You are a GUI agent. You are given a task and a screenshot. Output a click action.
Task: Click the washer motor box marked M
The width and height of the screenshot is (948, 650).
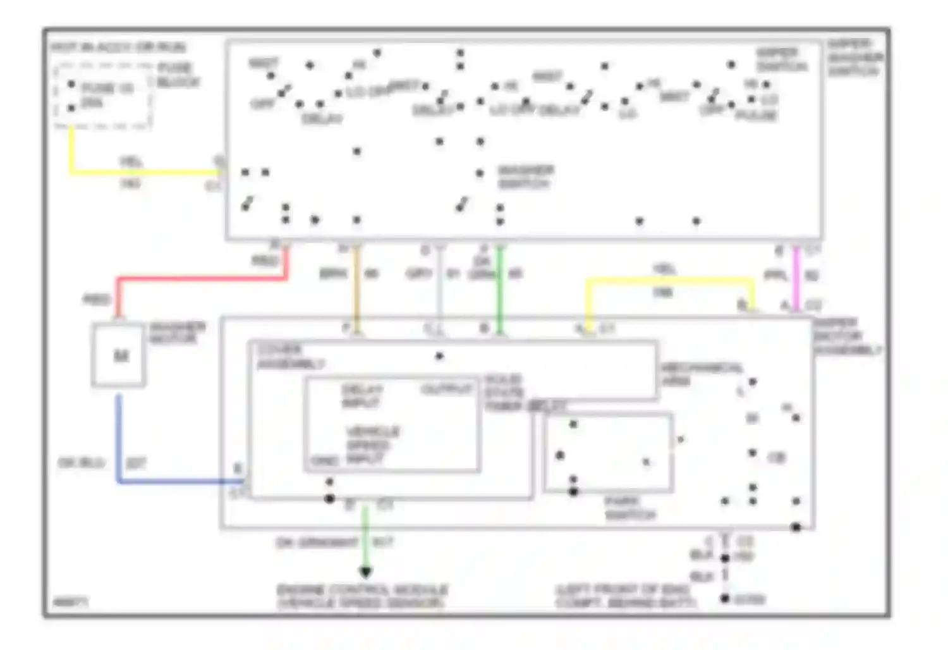click(x=119, y=355)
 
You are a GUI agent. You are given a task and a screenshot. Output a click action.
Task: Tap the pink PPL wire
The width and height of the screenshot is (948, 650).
click(x=796, y=278)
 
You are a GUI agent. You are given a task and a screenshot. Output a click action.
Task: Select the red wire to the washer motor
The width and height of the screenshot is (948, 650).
click(x=202, y=278)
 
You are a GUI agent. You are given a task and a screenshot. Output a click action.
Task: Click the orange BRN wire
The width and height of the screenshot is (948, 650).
click(x=356, y=285)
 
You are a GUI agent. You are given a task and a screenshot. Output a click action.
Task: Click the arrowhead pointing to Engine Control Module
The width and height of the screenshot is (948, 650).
click(x=365, y=572)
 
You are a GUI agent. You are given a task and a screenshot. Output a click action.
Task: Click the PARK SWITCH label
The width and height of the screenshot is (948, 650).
click(x=629, y=508)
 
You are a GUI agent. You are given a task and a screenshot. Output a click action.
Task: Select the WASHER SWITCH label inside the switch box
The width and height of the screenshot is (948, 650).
click(x=525, y=177)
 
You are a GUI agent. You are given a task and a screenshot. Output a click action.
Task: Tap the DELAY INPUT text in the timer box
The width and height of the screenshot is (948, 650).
click(x=362, y=396)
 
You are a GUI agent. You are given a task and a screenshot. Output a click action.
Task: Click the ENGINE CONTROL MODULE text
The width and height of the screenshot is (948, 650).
click(x=363, y=590)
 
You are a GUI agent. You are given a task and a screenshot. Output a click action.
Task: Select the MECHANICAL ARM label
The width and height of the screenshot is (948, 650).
click(x=702, y=374)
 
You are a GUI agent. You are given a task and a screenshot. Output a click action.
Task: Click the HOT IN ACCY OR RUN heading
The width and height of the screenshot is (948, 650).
click(x=118, y=47)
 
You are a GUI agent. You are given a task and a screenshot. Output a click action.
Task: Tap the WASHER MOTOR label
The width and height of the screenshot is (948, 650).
click(x=177, y=333)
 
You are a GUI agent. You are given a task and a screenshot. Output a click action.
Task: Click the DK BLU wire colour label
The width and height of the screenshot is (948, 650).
click(x=82, y=463)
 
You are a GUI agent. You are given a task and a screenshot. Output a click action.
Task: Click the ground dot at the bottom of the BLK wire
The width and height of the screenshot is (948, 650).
click(x=725, y=598)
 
